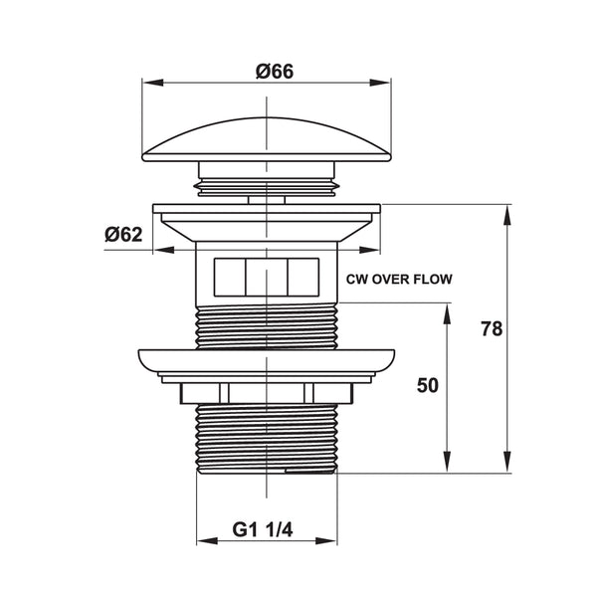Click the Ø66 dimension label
275,72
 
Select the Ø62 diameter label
123,234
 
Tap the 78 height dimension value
492,329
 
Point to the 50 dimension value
428,385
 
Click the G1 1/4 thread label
263,529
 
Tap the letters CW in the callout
357,279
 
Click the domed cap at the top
267,139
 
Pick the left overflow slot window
230,278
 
